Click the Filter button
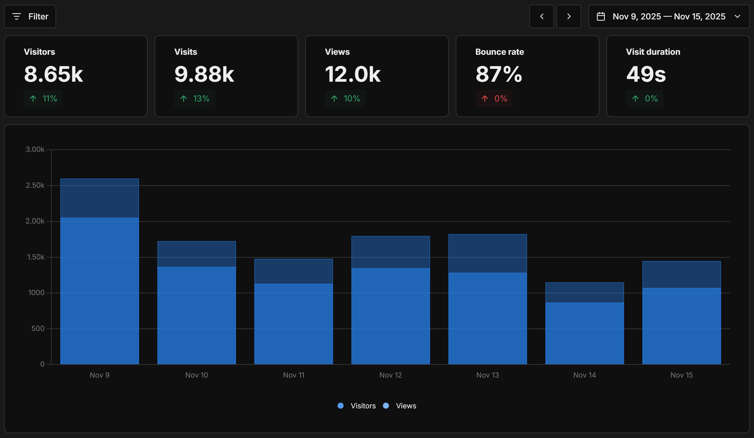(x=30, y=16)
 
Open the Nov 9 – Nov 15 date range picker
(x=669, y=16)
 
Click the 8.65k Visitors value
(x=53, y=74)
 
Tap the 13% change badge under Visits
(x=195, y=99)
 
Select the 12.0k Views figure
(x=352, y=74)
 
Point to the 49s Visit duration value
(x=646, y=74)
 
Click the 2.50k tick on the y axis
(x=35, y=185)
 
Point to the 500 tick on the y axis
(x=38, y=328)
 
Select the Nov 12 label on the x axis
(x=390, y=375)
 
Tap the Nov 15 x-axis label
(x=681, y=375)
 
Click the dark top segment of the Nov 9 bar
(x=100, y=198)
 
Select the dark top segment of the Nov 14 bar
(x=584, y=292)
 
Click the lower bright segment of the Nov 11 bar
(x=294, y=324)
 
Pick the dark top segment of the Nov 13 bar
(x=487, y=254)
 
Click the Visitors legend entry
(x=357, y=406)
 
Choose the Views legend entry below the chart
(x=400, y=406)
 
